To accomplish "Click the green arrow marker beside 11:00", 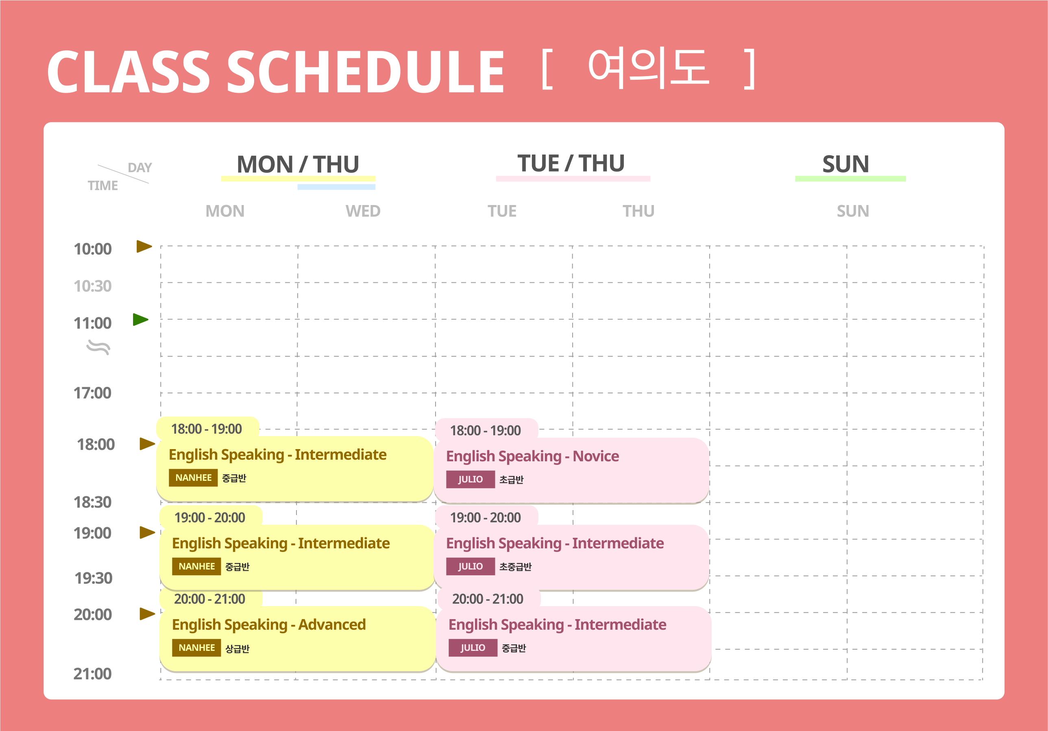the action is pos(141,320).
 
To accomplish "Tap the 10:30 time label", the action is pos(93,286).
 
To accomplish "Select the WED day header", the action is pos(363,211).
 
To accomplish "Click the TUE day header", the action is pos(502,211).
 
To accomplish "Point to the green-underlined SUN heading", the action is pos(846,164).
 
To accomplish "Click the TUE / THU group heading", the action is pos(571,163).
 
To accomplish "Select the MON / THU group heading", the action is pos(298,164).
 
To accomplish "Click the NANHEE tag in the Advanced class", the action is pos(196,648).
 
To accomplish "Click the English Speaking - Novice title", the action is pos(532,456).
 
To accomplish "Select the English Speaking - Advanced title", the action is pos(269,624).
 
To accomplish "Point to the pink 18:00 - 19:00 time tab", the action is pos(486,430).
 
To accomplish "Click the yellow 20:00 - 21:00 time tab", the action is pos(209,598).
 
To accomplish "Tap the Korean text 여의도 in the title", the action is pos(648,68).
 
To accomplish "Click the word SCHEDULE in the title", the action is pos(365,71).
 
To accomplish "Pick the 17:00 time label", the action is pos(92,393).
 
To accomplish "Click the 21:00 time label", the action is pos(92,674).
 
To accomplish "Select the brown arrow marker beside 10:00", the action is pos(144,247).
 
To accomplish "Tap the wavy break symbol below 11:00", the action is pos(98,347).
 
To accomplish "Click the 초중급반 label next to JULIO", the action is pos(515,567).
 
